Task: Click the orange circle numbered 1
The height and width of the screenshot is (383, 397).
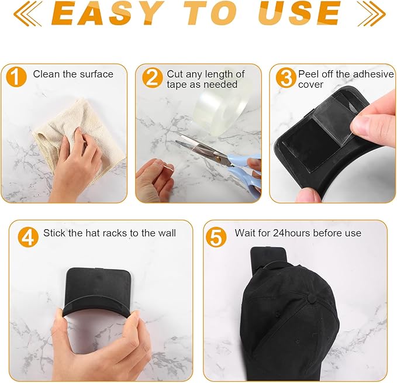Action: point(16,77)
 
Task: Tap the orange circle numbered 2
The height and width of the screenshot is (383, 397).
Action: point(152,78)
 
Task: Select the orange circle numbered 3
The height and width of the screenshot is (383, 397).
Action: point(286,78)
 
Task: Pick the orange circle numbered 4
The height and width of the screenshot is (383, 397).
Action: point(28,237)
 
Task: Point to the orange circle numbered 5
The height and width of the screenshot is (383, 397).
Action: point(216,237)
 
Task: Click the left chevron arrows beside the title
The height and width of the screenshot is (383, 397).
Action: point(28,13)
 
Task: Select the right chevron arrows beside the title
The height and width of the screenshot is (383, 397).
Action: point(371,13)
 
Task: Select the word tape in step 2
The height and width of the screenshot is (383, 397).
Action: point(176,85)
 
